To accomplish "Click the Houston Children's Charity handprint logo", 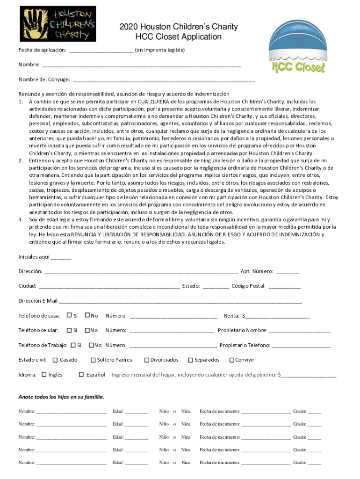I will [x=58, y=24].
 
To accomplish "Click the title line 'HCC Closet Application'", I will [x=178, y=37].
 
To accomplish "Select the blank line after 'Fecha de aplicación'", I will [x=101, y=51].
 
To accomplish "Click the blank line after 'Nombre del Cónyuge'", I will [x=164, y=80].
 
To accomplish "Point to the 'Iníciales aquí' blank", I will [x=61, y=258].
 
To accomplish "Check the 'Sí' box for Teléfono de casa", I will [x=69, y=315].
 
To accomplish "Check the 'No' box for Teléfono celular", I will [x=87, y=330].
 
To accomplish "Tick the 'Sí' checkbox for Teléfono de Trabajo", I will [x=73, y=345].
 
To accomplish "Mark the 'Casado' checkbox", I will [x=55, y=360].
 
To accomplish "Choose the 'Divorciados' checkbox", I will [x=146, y=360].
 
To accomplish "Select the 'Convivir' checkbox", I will [x=231, y=360].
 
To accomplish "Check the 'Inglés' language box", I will [x=44, y=375].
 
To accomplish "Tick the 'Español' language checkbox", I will [x=81, y=375].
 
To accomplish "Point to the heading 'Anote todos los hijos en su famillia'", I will [x=61, y=397].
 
